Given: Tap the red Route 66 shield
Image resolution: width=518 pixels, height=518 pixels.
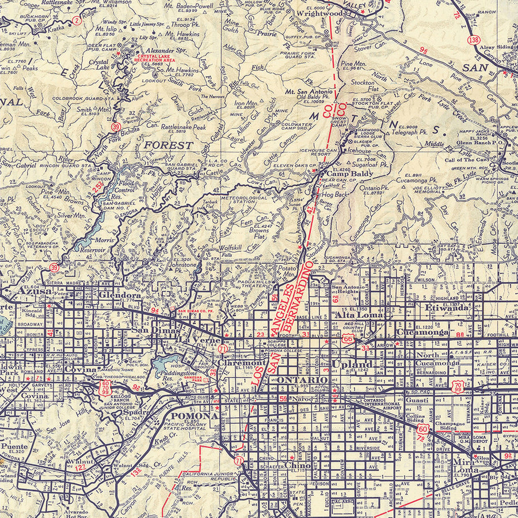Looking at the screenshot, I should coord(347,339).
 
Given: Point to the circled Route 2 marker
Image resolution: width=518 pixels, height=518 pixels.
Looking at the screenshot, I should coord(77,21).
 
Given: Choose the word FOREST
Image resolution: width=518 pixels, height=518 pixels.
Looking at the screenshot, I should coord(168,146).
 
